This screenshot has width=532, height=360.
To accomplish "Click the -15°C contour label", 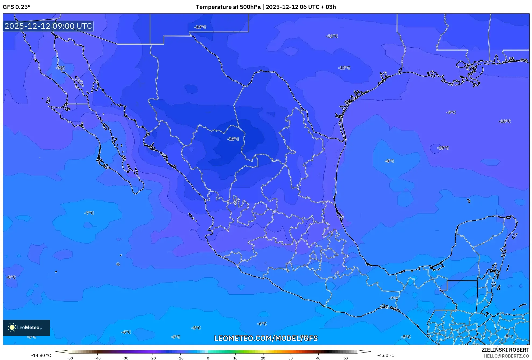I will [233, 139].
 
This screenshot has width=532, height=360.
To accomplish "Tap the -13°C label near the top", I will [200, 27].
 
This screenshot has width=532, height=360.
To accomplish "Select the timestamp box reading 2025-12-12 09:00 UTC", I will [48, 26].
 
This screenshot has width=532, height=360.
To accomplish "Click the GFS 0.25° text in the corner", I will [16, 7].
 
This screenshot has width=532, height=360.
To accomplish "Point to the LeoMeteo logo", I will [26, 327].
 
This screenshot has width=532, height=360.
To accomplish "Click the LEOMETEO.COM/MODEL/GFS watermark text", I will [266, 338].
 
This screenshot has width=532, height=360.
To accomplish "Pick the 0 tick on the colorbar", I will [208, 358].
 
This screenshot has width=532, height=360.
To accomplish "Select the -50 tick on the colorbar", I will [70, 358].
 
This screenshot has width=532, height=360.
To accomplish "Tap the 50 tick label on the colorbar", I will [346, 358].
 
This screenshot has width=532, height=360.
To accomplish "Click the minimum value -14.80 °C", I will [41, 355].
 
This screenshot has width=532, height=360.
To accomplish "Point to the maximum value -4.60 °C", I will [386, 355].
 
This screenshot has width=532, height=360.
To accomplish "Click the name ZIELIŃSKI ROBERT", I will [505, 350].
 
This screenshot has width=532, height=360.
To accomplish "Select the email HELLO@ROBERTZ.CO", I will [506, 356].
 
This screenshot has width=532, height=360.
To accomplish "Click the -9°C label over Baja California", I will [60, 68].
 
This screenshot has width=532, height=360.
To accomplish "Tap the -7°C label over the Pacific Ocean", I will [89, 213].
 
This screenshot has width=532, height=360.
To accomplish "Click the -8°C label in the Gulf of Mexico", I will [389, 161].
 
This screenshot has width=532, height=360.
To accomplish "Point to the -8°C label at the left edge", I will [11, 277].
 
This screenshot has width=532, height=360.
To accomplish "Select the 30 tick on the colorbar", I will [291, 358].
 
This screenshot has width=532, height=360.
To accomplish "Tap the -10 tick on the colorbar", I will [180, 358].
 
